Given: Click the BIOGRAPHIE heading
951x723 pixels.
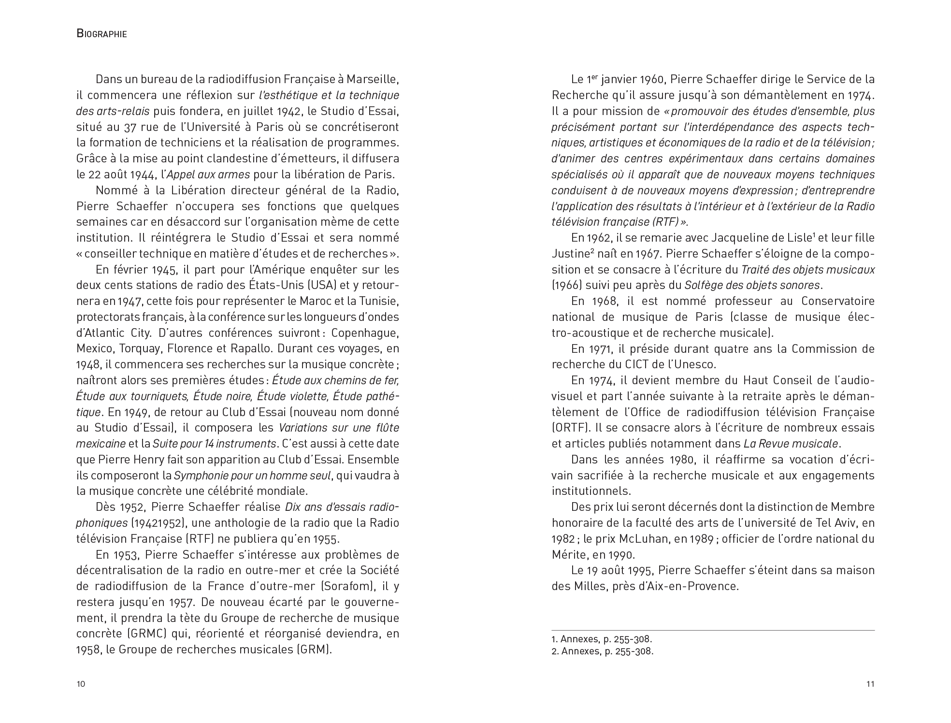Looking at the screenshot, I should pos(101,34).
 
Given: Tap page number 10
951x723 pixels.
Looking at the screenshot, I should pos(81,684).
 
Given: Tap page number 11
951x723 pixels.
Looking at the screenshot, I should pos(870,684).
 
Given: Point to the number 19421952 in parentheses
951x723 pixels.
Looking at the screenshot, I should pos(154,523).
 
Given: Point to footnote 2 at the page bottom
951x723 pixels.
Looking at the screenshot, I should pos(602,651).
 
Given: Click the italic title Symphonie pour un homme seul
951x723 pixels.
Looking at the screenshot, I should pos(252,476).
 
